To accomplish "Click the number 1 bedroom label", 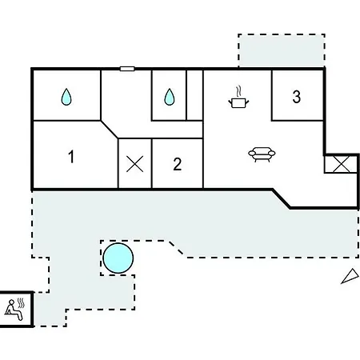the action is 71,157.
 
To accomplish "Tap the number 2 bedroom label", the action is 178,164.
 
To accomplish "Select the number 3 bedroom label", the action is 297,97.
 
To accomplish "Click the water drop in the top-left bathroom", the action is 66,97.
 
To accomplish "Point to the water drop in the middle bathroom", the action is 170,97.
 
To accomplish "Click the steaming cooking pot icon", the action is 238,98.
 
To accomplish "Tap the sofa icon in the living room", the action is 262,154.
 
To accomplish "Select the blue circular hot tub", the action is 118,258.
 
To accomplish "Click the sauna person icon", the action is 14,310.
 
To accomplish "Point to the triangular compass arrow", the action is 350,276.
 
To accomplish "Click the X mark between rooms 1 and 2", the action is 134,164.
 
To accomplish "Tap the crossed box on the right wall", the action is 341,164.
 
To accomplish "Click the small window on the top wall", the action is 127,69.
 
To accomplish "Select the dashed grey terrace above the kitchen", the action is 282,50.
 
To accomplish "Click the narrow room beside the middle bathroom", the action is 194,95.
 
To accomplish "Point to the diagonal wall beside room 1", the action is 110,130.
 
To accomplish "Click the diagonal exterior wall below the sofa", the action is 282,198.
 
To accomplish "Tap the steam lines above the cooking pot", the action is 238,91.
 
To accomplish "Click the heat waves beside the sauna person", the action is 21,303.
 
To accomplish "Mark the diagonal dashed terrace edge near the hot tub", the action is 176,248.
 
